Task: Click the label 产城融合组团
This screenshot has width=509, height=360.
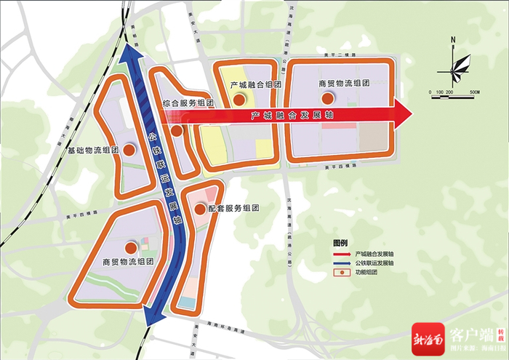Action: point(255,85)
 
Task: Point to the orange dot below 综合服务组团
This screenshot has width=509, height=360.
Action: point(176,131)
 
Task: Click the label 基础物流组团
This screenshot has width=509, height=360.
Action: point(94,151)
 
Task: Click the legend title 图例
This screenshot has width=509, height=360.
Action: point(340,243)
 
